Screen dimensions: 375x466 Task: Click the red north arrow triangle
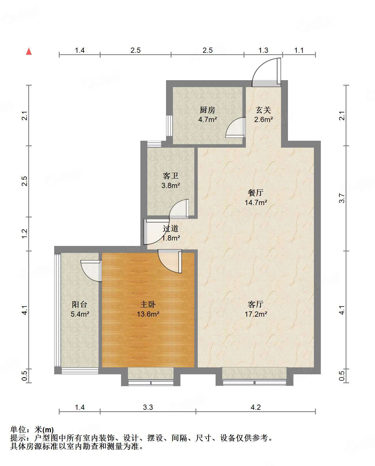pos(29,52)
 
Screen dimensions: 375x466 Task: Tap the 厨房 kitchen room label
pos(207,110)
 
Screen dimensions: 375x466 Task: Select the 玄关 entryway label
pos(263,110)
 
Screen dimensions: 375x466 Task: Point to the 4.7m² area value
pos(208,119)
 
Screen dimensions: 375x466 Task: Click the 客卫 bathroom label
pos(170,176)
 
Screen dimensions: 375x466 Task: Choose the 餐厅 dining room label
pos(255,193)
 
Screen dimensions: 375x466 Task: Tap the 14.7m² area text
pos(256,202)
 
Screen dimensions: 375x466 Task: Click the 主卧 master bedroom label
pos(148,305)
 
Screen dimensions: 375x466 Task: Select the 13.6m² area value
pos(148,314)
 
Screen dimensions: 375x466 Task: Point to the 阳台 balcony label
pos(80,305)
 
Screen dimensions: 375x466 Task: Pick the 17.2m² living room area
pos(256,314)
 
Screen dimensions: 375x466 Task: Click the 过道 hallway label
pos(170,228)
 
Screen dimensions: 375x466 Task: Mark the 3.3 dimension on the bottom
pos(148,407)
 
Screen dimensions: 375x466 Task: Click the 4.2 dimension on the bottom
pos(255,407)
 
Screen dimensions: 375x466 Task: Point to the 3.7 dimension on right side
pos(342,198)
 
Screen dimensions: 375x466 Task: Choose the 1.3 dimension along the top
pos(263,50)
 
